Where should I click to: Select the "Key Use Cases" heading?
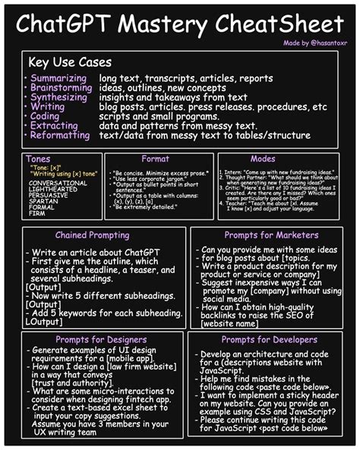point(69,62)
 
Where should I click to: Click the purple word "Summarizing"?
point(58,78)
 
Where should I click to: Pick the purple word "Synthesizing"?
point(59,97)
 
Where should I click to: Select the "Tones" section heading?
point(38,158)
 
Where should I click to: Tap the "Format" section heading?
point(155,160)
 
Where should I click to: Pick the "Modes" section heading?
point(264,160)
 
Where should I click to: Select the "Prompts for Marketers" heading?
point(270,236)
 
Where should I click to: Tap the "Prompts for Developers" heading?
point(270,339)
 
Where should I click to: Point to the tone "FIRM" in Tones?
point(37,213)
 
